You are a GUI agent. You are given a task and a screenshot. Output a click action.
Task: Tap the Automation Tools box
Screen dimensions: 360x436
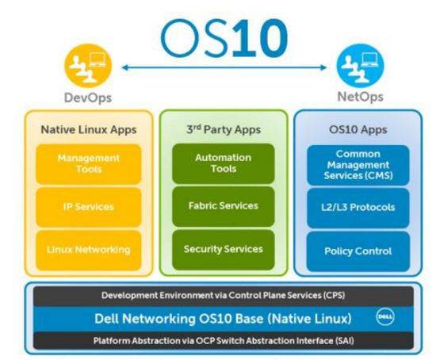tap(221, 163)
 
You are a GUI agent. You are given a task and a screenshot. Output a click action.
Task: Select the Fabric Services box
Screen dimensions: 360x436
tap(221, 206)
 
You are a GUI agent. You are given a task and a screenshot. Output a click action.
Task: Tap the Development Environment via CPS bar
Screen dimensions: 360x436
tap(220, 296)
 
